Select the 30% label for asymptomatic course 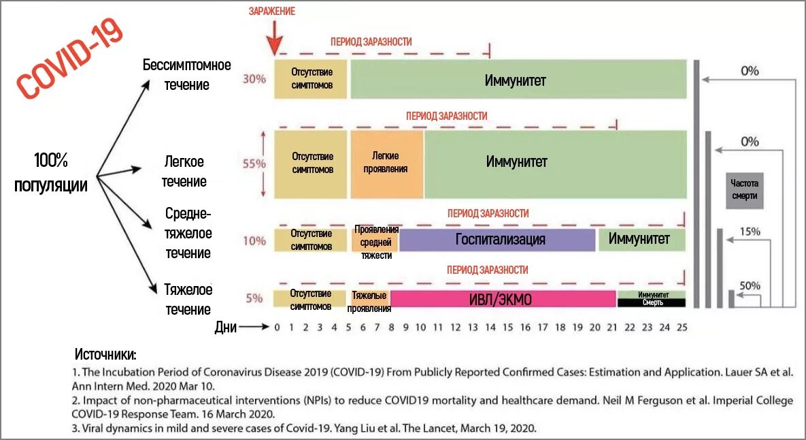(x=254, y=79)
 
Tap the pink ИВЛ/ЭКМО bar (x=503, y=298)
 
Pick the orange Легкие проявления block (x=385, y=163)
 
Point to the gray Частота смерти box (x=744, y=190)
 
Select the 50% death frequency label (x=750, y=286)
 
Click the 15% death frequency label (x=750, y=232)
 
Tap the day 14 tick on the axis (x=490, y=328)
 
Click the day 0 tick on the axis (x=277, y=328)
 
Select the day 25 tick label (x=682, y=328)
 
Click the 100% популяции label (x=51, y=172)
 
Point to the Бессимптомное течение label (x=186, y=75)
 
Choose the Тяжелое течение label (x=188, y=300)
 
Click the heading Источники (x=105, y=355)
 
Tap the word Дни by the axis (x=226, y=328)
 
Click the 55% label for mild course (x=254, y=164)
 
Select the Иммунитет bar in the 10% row (x=640, y=240)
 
